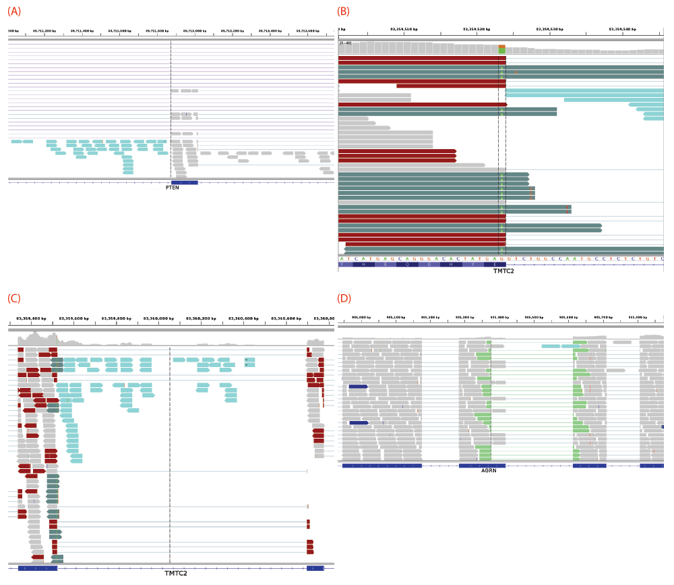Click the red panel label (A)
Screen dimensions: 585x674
point(14,11)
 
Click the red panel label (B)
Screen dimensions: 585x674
point(343,11)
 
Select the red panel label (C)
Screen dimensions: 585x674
point(14,298)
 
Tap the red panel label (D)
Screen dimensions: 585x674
point(344,298)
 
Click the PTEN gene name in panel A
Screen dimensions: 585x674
point(172,188)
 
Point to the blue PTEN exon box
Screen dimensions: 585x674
point(184,182)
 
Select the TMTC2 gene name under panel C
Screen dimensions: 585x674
point(176,574)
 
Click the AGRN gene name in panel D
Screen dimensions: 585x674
point(489,470)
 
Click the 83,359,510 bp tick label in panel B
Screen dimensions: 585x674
point(404,30)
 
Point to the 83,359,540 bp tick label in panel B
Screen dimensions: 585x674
point(622,30)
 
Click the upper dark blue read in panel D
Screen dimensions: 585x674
point(358,387)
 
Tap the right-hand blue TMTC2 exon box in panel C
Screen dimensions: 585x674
point(315,568)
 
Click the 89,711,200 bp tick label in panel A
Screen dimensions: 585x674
point(44,31)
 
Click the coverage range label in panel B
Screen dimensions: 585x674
point(345,43)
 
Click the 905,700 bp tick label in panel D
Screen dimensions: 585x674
point(603,316)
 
